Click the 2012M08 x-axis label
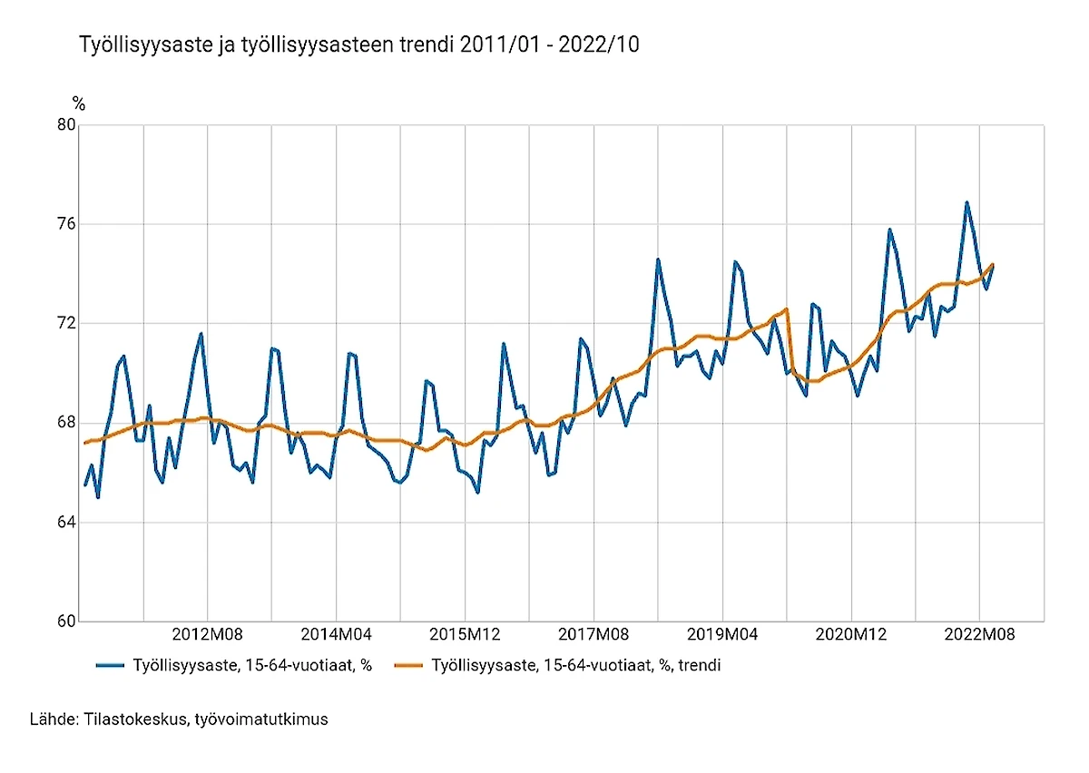pyautogui.click(x=208, y=634)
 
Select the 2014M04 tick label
pyautogui.click(x=337, y=634)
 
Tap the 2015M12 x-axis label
pyautogui.click(x=465, y=634)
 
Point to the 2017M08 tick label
pyautogui.click(x=594, y=634)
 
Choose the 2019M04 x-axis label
pyautogui.click(x=722, y=634)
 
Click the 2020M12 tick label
pyautogui.click(x=851, y=634)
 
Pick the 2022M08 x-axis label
pyautogui.click(x=979, y=634)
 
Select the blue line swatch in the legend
pyautogui.click(x=109, y=666)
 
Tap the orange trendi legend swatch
pyautogui.click(x=410, y=666)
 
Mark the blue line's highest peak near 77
pyautogui.click(x=966, y=202)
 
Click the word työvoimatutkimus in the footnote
pyautogui.click(x=261, y=719)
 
